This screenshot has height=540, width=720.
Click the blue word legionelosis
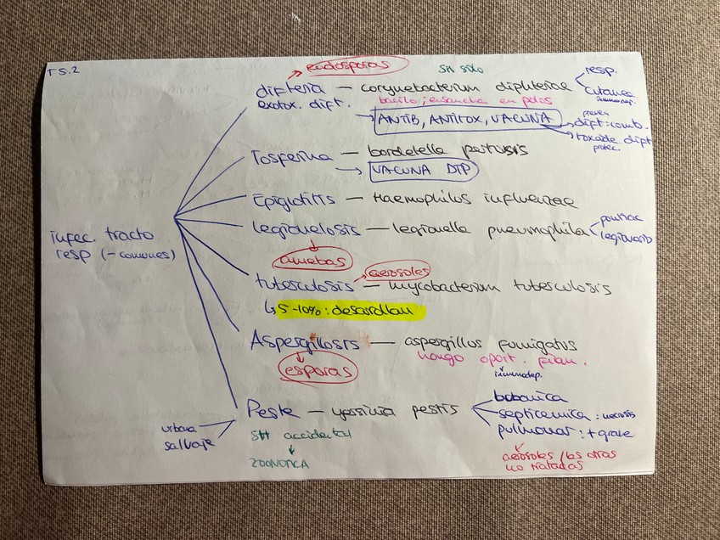click(306, 229)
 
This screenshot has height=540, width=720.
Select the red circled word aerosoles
click(395, 272)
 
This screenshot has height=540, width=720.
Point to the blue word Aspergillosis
click(304, 343)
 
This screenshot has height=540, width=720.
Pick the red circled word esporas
click(318, 371)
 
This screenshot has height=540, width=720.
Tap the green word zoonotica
click(280, 464)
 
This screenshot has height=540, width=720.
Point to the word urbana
click(180, 427)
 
